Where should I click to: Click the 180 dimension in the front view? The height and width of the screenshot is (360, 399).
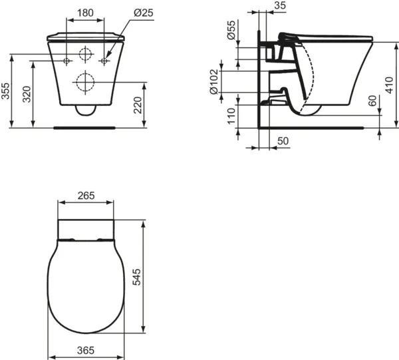(85, 13)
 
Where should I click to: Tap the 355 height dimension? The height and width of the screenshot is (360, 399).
(6, 91)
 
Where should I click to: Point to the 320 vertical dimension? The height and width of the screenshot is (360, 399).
(27, 94)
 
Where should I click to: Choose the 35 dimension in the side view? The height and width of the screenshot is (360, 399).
(279, 6)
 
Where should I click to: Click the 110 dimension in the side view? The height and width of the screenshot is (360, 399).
(231, 116)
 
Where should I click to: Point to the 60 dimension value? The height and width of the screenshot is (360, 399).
(373, 101)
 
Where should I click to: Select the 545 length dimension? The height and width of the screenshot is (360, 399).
(156, 276)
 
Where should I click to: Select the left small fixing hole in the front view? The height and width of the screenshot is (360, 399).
(67, 61)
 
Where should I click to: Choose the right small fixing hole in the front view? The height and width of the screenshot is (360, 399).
(104, 61)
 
